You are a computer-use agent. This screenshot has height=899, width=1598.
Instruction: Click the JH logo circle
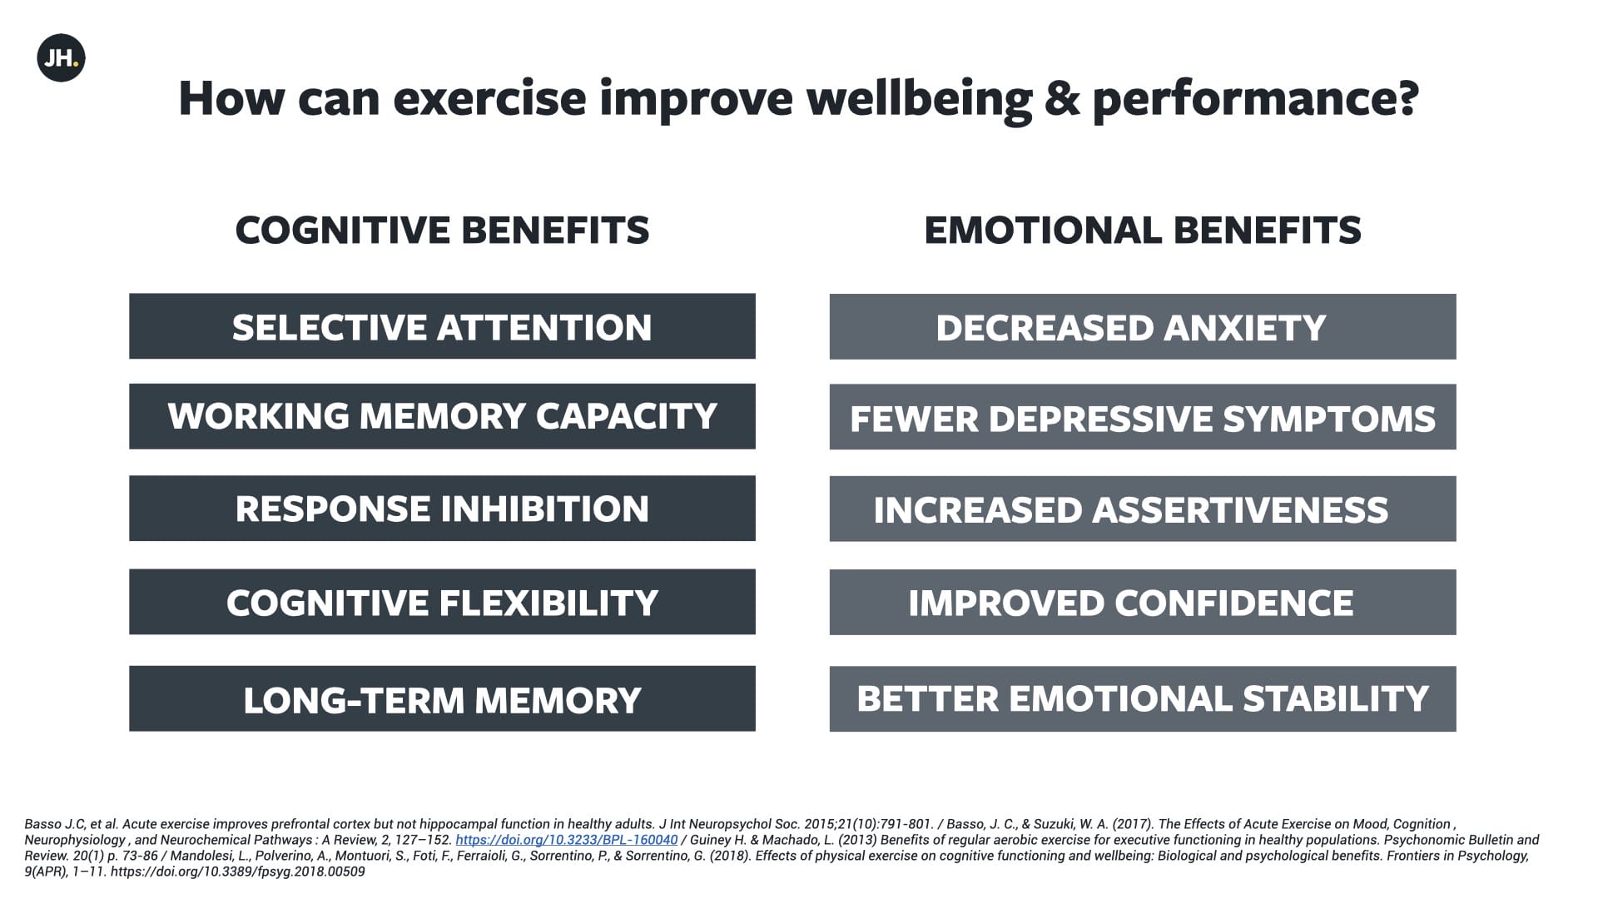[61, 58]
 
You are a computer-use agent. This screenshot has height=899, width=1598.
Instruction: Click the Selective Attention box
[442, 326]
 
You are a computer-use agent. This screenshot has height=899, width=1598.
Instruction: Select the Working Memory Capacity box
[442, 416]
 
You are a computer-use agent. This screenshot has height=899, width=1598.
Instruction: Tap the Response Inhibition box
[442, 509]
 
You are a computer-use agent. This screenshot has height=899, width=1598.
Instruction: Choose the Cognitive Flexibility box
[442, 602]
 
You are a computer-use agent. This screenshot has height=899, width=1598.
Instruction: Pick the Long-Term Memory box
[442, 698]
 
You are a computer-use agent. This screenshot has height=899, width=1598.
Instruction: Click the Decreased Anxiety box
[1142, 326]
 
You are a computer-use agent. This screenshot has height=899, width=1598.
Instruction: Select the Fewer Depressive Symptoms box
[1142, 417]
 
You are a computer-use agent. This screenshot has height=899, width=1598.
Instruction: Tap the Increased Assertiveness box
[1142, 509]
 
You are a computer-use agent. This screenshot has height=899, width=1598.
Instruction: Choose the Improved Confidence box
[1142, 602]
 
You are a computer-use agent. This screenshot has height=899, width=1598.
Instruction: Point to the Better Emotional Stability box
[1142, 698]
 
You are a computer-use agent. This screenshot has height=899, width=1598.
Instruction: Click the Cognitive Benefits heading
[442, 231]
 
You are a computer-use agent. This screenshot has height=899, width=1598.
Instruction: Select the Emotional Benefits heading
[1142, 231]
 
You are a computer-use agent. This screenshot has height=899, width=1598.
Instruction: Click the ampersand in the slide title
[1062, 98]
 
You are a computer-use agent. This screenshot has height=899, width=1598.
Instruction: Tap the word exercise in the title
[489, 98]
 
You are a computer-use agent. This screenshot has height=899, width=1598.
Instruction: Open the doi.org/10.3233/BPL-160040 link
[566, 840]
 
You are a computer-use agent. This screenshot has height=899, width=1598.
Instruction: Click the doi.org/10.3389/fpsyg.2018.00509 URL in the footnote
[237, 872]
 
